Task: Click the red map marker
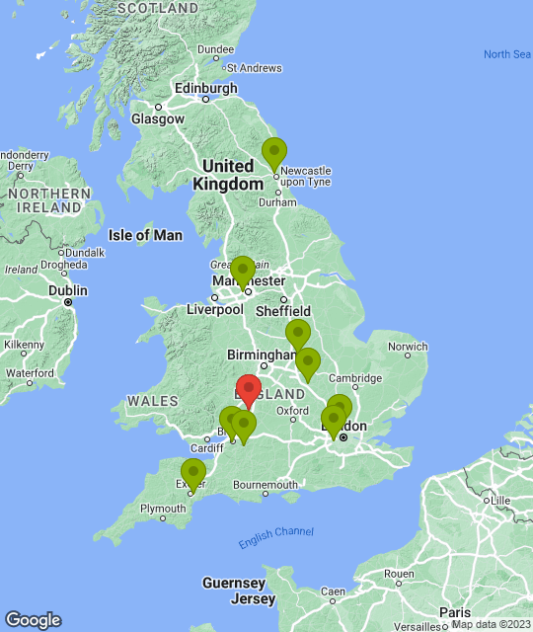click(249, 391)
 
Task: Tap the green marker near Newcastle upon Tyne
click(274, 154)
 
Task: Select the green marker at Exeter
click(193, 474)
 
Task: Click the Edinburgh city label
click(205, 88)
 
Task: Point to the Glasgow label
click(158, 118)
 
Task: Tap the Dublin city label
click(68, 290)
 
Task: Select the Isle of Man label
click(145, 235)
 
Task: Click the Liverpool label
click(214, 309)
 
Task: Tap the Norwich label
click(408, 347)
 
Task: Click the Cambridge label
click(354, 378)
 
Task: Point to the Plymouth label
click(162, 509)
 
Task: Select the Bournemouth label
click(265, 485)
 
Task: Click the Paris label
click(456, 611)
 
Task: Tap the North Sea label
click(507, 54)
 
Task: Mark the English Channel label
click(275, 537)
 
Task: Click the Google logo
click(32, 620)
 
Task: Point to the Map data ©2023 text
click(490, 624)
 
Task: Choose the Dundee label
click(215, 48)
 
